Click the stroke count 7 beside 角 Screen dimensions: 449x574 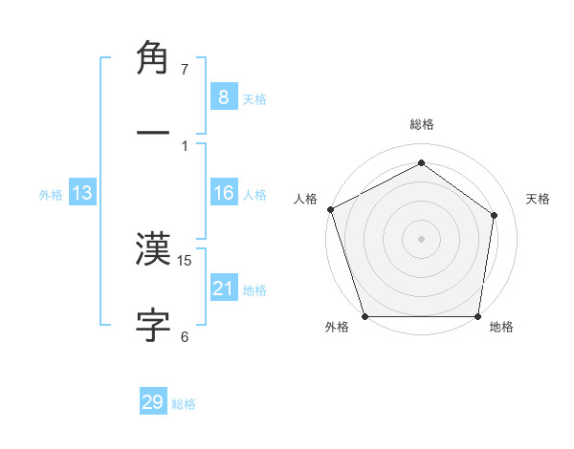pos(185,70)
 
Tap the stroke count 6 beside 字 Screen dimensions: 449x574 pos(185,336)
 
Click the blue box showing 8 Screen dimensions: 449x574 pos(223,96)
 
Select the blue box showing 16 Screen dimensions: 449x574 pos(223,193)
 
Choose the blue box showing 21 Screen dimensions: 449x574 pos(223,288)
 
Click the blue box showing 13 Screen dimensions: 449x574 pos(82,193)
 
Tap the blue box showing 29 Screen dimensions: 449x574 pos(153,402)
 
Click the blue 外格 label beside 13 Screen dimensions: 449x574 pos(51,195)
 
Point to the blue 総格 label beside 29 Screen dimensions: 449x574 pos(184,404)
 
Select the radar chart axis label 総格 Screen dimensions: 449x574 pos(422,124)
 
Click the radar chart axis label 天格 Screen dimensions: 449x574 pos(539,199)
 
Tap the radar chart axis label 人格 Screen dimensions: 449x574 pos(305,199)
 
